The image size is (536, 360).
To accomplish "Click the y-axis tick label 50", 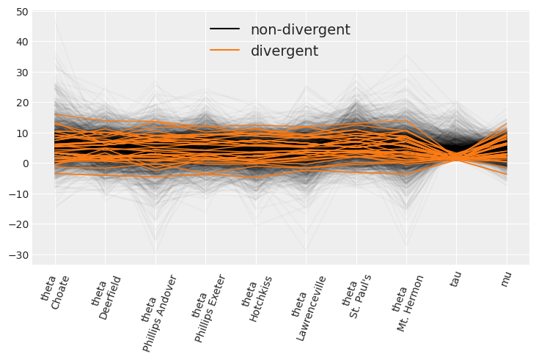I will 19,12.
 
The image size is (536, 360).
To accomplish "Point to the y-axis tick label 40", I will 19,42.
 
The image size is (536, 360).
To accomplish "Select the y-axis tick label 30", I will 19,73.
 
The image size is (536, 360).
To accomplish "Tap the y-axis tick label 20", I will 19,103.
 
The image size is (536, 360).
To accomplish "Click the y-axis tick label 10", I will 19,133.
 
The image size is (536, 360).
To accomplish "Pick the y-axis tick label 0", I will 23,164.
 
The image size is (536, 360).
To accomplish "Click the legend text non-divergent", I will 300,30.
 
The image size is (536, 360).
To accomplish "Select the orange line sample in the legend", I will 225,51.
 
